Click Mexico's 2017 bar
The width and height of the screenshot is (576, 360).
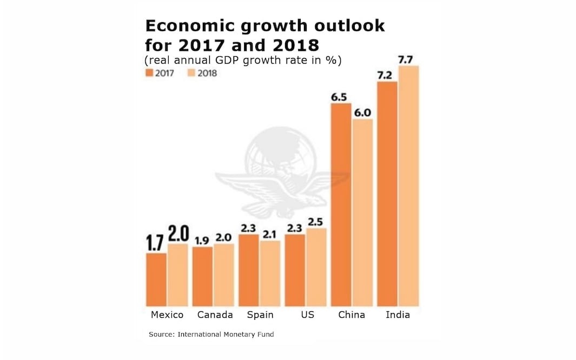point(156,279)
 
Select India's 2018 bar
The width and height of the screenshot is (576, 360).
point(408,186)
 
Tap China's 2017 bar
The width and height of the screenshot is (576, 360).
point(341,205)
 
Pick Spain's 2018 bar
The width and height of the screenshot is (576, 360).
point(270,274)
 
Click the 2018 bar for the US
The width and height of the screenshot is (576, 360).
point(316,268)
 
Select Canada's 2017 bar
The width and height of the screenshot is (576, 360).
point(202,277)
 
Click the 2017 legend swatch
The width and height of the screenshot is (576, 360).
point(149,73)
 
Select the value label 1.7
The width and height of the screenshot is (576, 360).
point(156,242)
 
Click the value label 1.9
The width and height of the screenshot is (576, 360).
point(202,241)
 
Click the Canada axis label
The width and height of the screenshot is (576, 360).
point(215,315)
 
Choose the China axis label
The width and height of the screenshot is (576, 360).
point(352,315)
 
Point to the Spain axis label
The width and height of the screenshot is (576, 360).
point(260,315)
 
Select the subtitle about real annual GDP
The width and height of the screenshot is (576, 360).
point(243,60)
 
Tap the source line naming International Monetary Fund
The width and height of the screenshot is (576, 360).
point(211,335)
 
